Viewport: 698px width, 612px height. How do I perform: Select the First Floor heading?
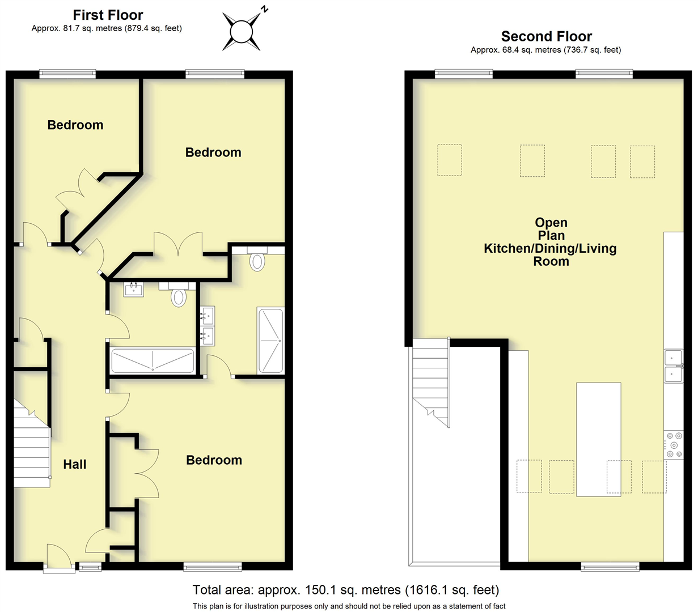[x=108, y=15]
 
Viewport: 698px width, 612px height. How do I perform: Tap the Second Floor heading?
[x=546, y=37]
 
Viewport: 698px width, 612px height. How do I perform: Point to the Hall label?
[x=75, y=465]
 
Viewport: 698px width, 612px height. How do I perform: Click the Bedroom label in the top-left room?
[x=75, y=125]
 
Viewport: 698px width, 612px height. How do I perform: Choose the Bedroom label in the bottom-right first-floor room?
[x=214, y=460]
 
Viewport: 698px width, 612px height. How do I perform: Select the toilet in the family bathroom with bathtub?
[x=179, y=296]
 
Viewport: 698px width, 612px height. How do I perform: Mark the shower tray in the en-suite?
[x=270, y=341]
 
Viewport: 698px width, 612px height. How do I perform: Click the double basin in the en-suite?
[x=207, y=326]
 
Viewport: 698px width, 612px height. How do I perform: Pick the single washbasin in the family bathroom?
[x=134, y=290]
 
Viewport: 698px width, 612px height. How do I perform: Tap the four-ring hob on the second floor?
[x=674, y=445]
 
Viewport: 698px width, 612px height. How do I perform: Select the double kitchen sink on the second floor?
[x=674, y=365]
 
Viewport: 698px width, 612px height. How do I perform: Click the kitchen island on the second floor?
[x=598, y=440]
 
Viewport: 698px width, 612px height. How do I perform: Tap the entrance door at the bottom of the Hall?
[x=58, y=558]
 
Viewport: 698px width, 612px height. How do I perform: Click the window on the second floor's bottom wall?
[x=610, y=566]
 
